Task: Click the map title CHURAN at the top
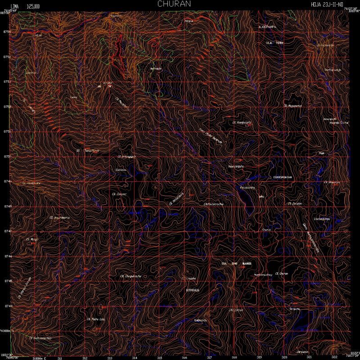coord(174,4)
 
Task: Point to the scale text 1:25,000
coord(33,6)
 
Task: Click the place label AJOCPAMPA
coord(267,27)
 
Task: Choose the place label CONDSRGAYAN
coord(282,177)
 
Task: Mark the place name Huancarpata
coord(236,166)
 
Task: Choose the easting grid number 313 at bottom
coord(110,358)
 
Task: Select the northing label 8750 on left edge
coord(6,157)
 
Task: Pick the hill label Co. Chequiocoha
coord(131,276)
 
